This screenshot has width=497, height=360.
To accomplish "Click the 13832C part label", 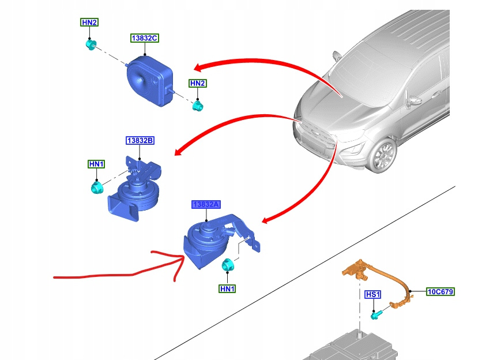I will pyautogui.click(x=144, y=38).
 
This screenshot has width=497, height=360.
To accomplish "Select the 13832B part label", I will pyautogui.click(x=140, y=140).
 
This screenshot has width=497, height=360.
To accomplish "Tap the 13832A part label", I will pyautogui.click(x=206, y=205).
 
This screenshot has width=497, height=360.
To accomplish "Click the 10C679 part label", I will pyautogui.click(x=440, y=292).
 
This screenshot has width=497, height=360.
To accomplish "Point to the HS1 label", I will pyautogui.click(x=374, y=295).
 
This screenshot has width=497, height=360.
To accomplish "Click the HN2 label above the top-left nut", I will pyautogui.click(x=89, y=22).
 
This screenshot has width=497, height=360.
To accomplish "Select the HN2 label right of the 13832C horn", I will pyautogui.click(x=198, y=83).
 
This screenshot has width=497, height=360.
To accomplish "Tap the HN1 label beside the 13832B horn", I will pyautogui.click(x=96, y=164).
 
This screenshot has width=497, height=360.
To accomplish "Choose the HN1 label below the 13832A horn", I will pyautogui.click(x=227, y=288).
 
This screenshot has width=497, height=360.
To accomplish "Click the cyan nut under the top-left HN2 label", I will pyautogui.click(x=90, y=44).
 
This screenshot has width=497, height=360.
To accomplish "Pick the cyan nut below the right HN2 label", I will pyautogui.click(x=198, y=105).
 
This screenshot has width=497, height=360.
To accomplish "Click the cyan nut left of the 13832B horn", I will pyautogui.click(x=96, y=187).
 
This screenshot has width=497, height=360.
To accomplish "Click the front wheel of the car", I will pyautogui.click(x=382, y=156).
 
